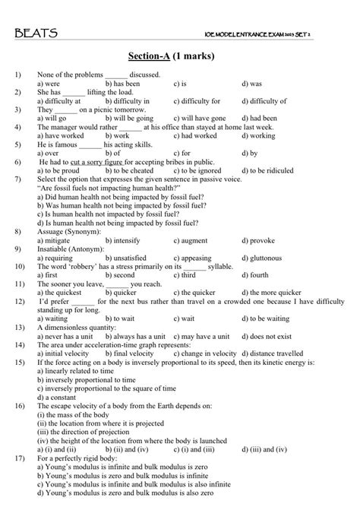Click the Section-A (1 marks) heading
point(180,56)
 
